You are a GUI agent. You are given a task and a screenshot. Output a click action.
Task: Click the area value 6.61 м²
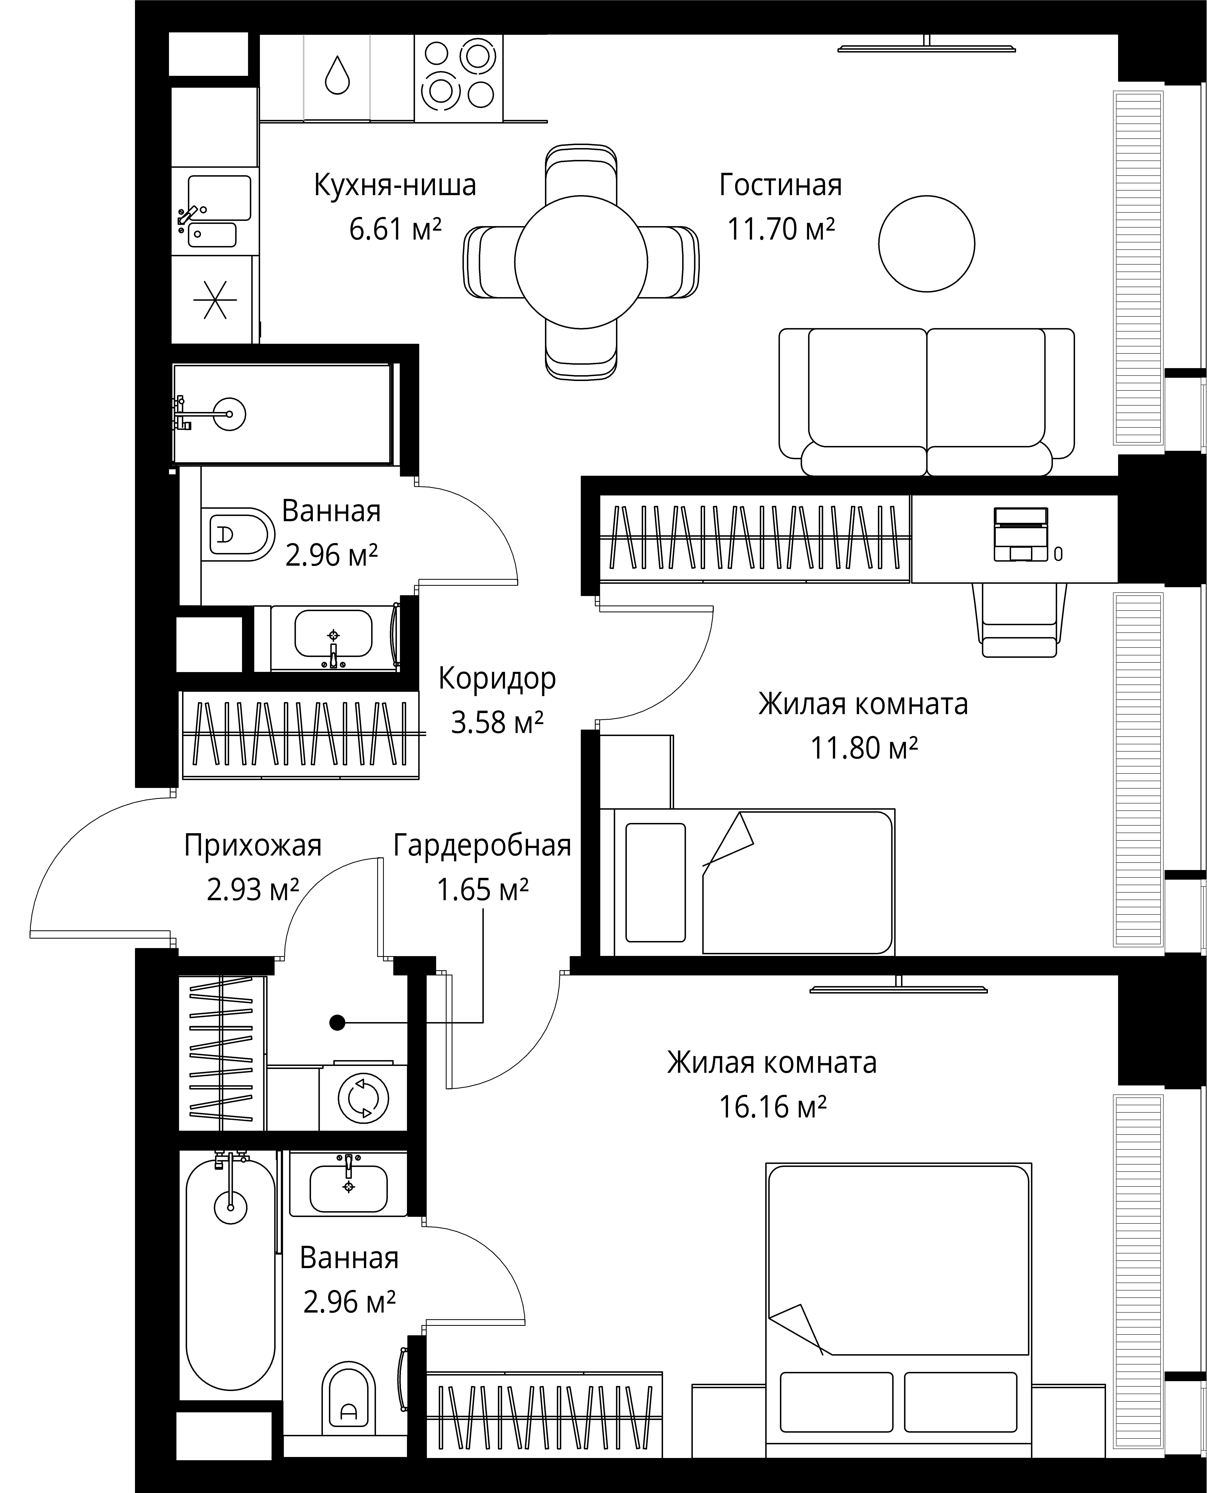395,229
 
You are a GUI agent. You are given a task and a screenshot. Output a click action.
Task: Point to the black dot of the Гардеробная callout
337,1022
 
